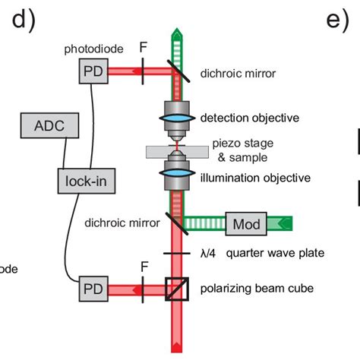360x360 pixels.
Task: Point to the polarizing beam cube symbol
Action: point(176,289)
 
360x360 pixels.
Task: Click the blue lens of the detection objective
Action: point(176,118)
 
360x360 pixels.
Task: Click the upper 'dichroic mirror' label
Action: point(238,74)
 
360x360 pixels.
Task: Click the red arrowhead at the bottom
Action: point(176,348)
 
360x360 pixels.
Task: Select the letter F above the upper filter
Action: point(144,47)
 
